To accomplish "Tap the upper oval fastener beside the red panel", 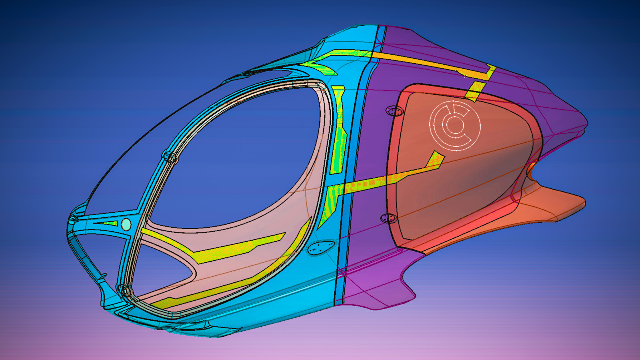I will tap(394, 111).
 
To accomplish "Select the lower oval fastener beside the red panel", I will tap(389, 218).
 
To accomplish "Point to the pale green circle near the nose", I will tap(126, 225).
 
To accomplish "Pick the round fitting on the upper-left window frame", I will tap(169, 157).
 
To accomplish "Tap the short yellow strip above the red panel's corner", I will tap(476, 91).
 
